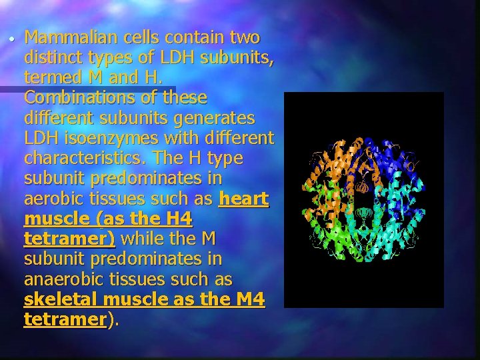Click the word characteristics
(85, 159)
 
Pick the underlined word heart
(244, 199)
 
